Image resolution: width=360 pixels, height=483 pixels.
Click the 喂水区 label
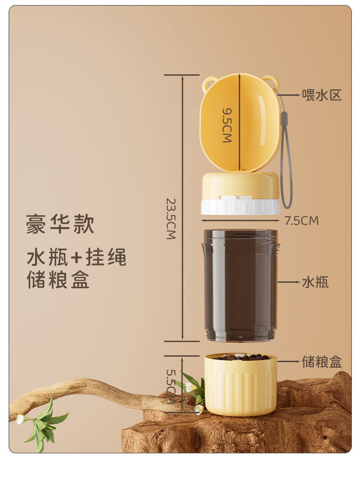click(x=322, y=95)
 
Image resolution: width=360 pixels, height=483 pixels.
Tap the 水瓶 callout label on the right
click(x=315, y=282)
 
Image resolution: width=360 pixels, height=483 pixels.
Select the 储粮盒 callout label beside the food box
click(x=322, y=361)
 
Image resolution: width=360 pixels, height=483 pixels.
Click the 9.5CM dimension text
click(x=227, y=125)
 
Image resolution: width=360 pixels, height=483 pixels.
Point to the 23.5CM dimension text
click(x=171, y=219)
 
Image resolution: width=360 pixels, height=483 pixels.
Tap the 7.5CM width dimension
click(x=302, y=221)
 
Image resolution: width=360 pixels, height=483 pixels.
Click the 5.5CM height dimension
click(x=171, y=386)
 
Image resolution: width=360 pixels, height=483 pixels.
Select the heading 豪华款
click(x=60, y=224)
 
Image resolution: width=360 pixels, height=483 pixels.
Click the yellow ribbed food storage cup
click(x=241, y=385)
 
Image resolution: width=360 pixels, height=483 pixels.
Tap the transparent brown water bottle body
click(x=241, y=285)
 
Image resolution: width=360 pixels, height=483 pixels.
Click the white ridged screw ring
click(x=241, y=207)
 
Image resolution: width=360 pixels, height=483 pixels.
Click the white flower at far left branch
click(x=21, y=419)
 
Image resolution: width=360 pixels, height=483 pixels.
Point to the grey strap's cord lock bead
click(x=284, y=118)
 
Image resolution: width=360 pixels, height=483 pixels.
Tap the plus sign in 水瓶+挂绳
click(x=76, y=258)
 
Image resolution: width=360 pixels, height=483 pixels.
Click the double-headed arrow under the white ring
click(x=240, y=220)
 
